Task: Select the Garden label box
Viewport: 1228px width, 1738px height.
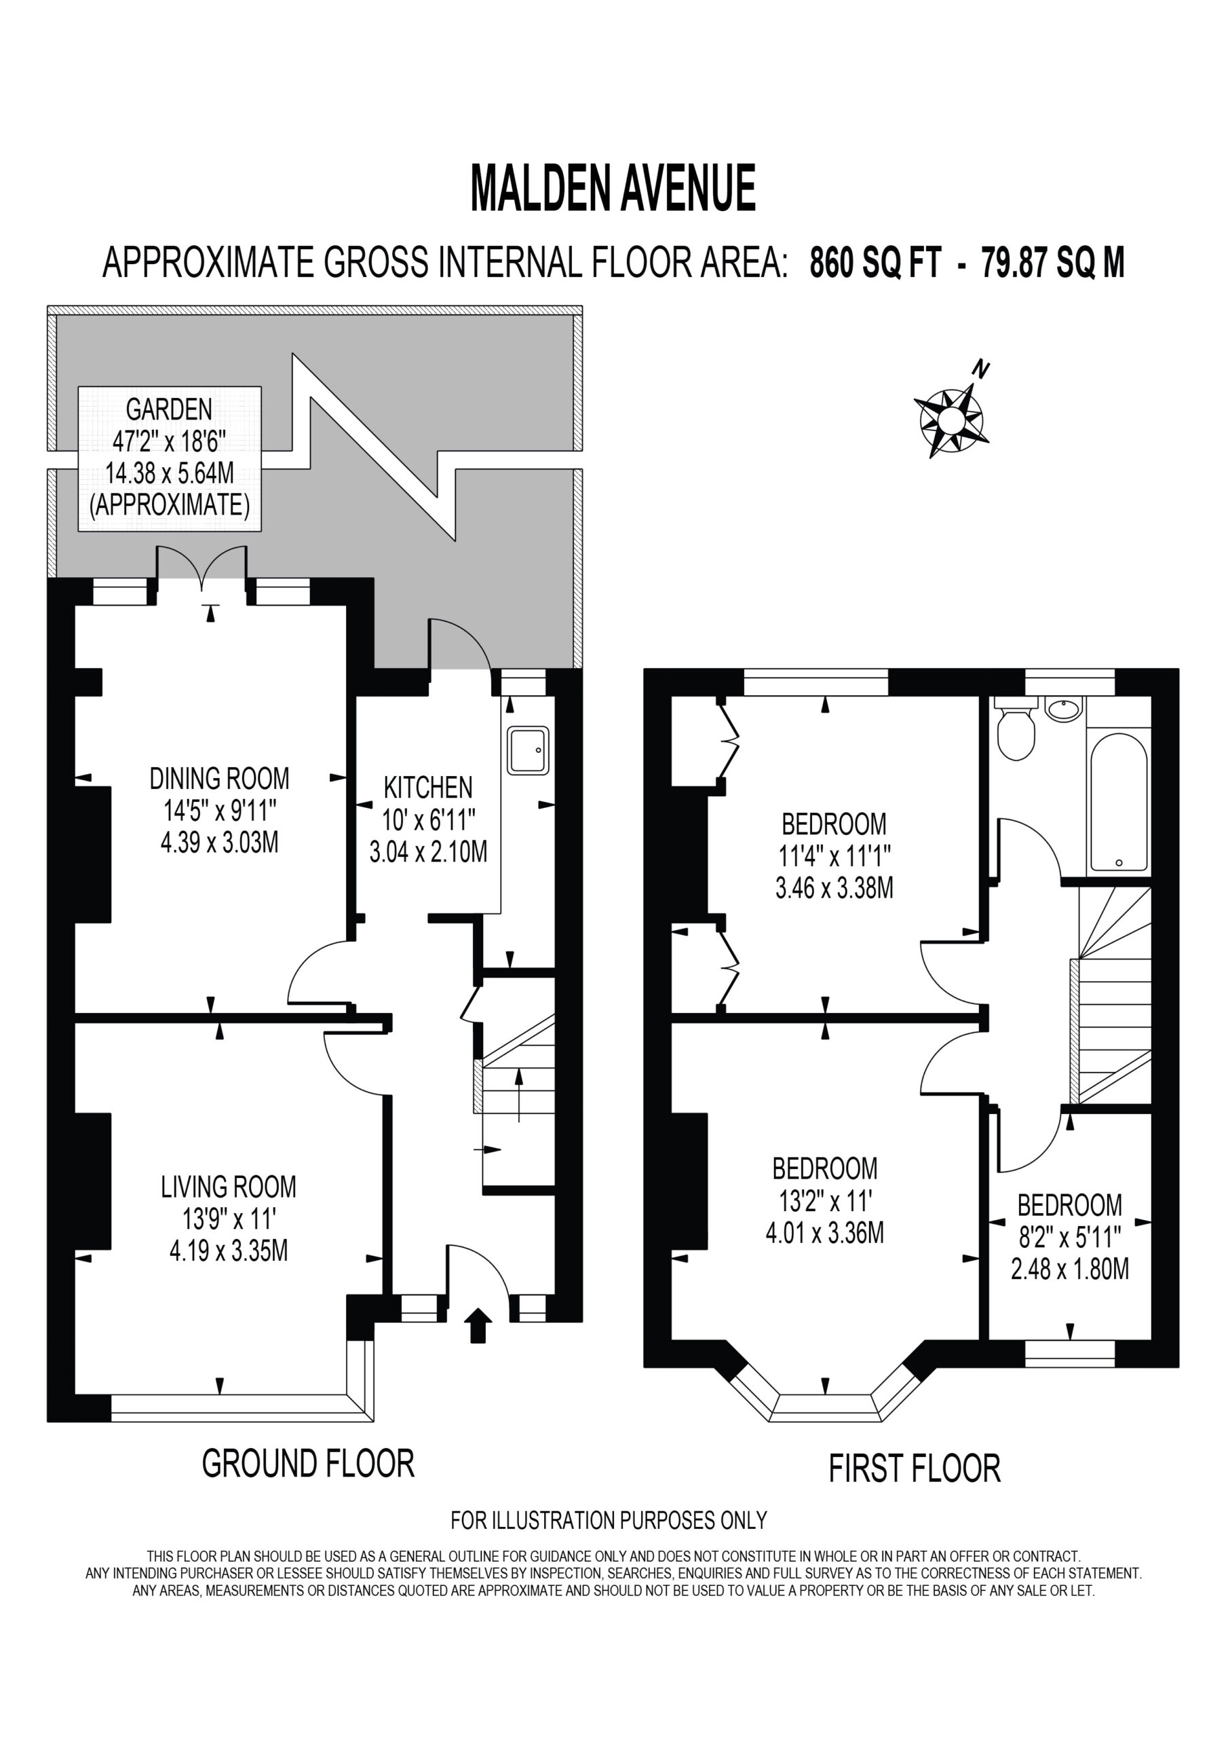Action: click(x=170, y=459)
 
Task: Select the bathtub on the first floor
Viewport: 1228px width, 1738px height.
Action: click(x=1118, y=804)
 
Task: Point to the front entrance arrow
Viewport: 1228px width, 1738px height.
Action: click(x=478, y=1325)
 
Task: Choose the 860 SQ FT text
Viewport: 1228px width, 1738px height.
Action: click(x=875, y=263)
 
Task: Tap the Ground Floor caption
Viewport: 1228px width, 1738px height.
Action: click(x=309, y=1464)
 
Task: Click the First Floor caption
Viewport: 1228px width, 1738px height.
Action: click(x=915, y=1468)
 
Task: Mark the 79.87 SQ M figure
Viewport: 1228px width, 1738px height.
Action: click(x=1053, y=263)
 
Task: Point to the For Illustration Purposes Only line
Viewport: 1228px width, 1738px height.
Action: click(x=609, y=1520)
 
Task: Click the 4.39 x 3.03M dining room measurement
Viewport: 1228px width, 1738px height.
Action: click(x=219, y=843)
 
